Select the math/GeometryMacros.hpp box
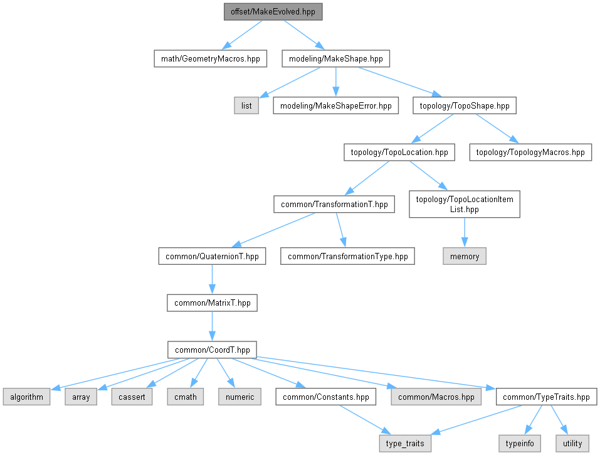(209, 59)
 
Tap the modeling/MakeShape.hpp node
(335, 59)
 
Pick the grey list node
(246, 105)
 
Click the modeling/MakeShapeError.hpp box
(335, 105)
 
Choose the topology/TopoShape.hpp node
(464, 105)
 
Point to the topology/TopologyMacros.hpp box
(530, 152)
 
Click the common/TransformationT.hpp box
(334, 204)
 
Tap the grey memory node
(464, 256)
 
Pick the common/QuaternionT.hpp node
(212, 256)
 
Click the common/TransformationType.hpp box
(347, 256)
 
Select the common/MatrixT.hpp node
(212, 302)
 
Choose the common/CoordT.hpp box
(212, 350)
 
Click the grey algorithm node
(26, 397)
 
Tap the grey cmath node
(186, 397)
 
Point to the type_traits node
(405, 443)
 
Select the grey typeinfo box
(520, 443)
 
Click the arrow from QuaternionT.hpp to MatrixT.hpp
(212, 279)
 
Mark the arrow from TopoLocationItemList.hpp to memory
(464, 233)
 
